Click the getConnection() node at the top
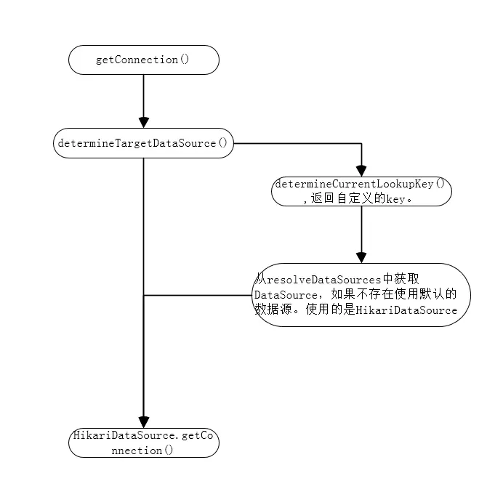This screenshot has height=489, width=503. point(143,60)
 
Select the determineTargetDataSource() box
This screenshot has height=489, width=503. point(143,143)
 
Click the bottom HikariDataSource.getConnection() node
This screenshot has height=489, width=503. point(143,442)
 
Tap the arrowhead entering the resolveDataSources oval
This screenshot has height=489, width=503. point(361,257)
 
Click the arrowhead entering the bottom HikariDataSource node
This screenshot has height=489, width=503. point(143,422)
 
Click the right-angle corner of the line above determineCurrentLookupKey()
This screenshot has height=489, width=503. point(361,143)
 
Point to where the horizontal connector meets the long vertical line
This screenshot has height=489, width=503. point(143,295)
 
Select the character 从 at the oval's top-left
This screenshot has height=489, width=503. point(260,280)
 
